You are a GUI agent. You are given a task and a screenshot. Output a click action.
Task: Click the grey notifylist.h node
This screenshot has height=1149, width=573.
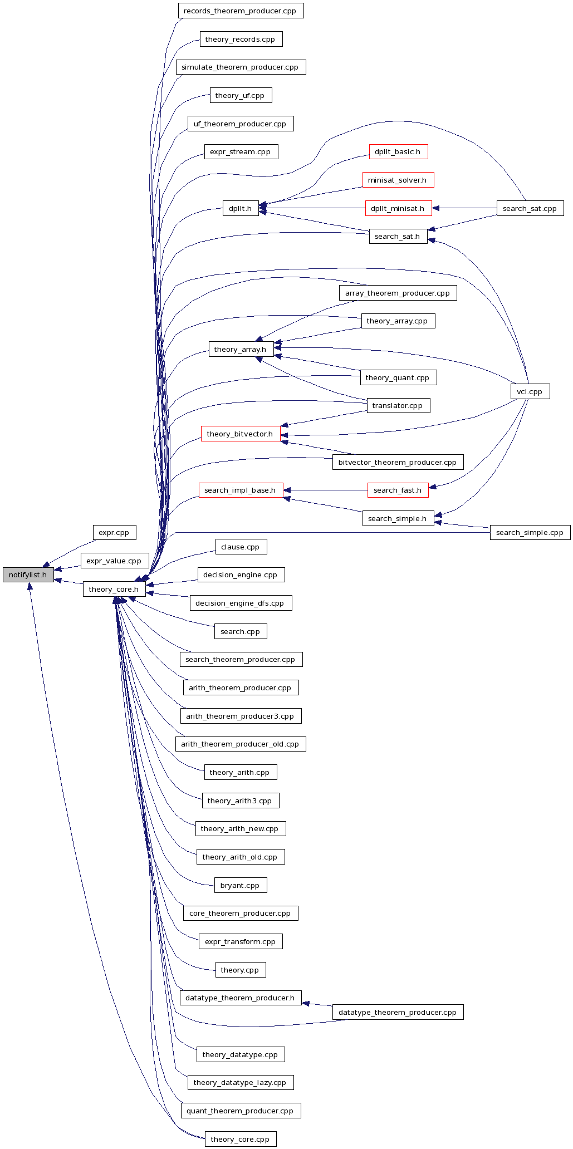pyautogui.click(x=28, y=574)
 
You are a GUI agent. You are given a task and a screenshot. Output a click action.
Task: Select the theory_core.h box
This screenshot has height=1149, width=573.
pyautogui.click(x=114, y=589)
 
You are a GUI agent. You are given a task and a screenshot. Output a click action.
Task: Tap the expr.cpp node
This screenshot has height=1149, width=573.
pyautogui.click(x=114, y=533)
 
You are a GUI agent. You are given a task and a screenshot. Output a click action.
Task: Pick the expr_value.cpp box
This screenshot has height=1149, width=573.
pyautogui.click(x=114, y=561)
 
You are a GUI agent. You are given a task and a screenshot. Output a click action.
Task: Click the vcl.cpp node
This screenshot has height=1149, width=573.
pyautogui.click(x=530, y=391)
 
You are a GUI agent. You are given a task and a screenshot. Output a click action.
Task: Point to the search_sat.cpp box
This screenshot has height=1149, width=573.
pyautogui.click(x=530, y=208)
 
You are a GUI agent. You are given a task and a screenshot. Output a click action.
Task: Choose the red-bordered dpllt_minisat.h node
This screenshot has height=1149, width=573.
pyautogui.click(x=398, y=208)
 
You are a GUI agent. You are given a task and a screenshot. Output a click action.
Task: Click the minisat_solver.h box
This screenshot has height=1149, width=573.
pyautogui.click(x=398, y=180)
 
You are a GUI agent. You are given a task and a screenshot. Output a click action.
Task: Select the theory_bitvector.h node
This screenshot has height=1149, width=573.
pyautogui.click(x=240, y=434)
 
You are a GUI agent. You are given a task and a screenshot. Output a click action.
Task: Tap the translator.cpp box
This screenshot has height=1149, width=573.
pyautogui.click(x=398, y=405)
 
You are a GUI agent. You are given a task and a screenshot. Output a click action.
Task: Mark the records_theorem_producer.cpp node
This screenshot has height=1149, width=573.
pyautogui.click(x=240, y=11)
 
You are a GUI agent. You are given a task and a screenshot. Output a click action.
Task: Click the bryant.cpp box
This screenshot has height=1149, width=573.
pyautogui.click(x=240, y=885)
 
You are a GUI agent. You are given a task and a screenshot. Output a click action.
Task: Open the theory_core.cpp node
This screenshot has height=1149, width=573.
pyautogui.click(x=240, y=1139)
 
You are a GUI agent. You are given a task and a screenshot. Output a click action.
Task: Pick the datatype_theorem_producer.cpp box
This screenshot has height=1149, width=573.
pyautogui.click(x=398, y=1012)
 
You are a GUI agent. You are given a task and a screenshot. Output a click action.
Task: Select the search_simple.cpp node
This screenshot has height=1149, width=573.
pyautogui.click(x=530, y=533)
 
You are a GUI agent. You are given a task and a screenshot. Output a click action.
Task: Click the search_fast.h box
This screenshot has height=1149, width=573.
pyautogui.click(x=398, y=490)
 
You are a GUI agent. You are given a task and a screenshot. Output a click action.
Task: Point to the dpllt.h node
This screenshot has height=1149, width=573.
pyautogui.click(x=240, y=208)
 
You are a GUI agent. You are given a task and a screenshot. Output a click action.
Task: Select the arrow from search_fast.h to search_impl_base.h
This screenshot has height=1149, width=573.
pyautogui.click(x=326, y=490)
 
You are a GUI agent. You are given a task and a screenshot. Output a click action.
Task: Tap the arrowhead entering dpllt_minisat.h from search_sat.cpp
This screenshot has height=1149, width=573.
pyautogui.click(x=436, y=208)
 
